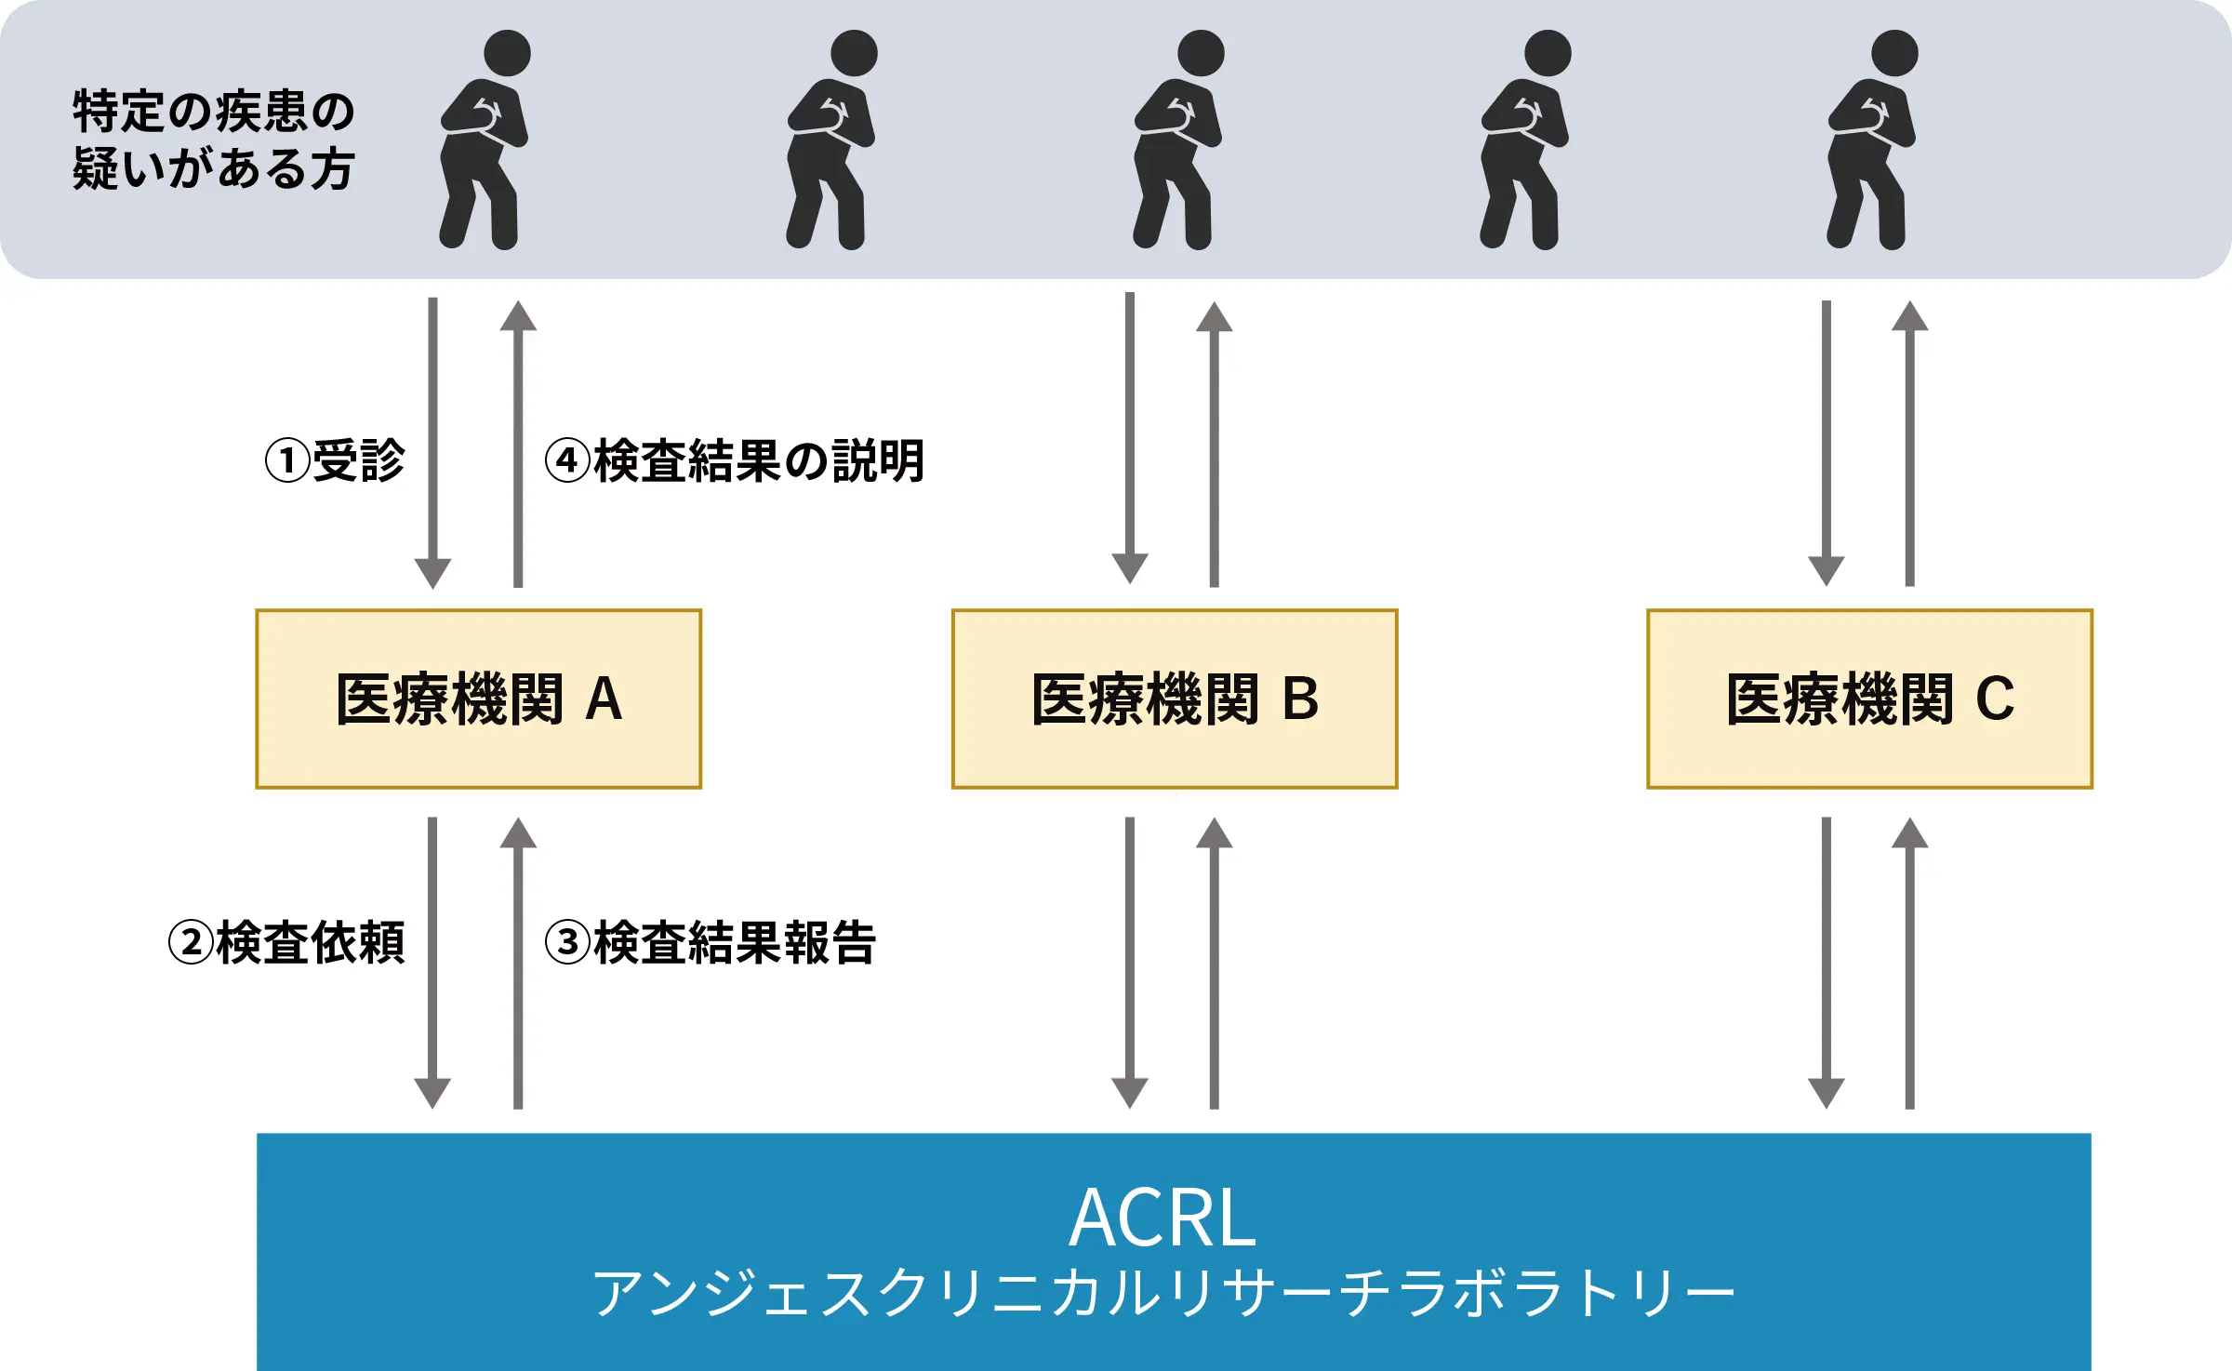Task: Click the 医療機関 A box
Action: pos(478,699)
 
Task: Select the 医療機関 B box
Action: pos(1175,699)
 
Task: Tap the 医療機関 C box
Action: pos(1869,699)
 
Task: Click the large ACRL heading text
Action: pos(1162,1218)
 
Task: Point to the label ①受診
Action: pos(335,460)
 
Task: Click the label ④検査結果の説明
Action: pos(735,460)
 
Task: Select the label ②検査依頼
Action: pos(286,942)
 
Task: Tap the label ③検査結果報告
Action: pos(711,942)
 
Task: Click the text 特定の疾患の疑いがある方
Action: pos(214,140)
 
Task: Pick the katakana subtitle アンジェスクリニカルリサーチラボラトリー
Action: pos(1162,1293)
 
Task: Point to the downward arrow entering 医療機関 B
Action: pos(1130,437)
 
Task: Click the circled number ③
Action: pos(567,942)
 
